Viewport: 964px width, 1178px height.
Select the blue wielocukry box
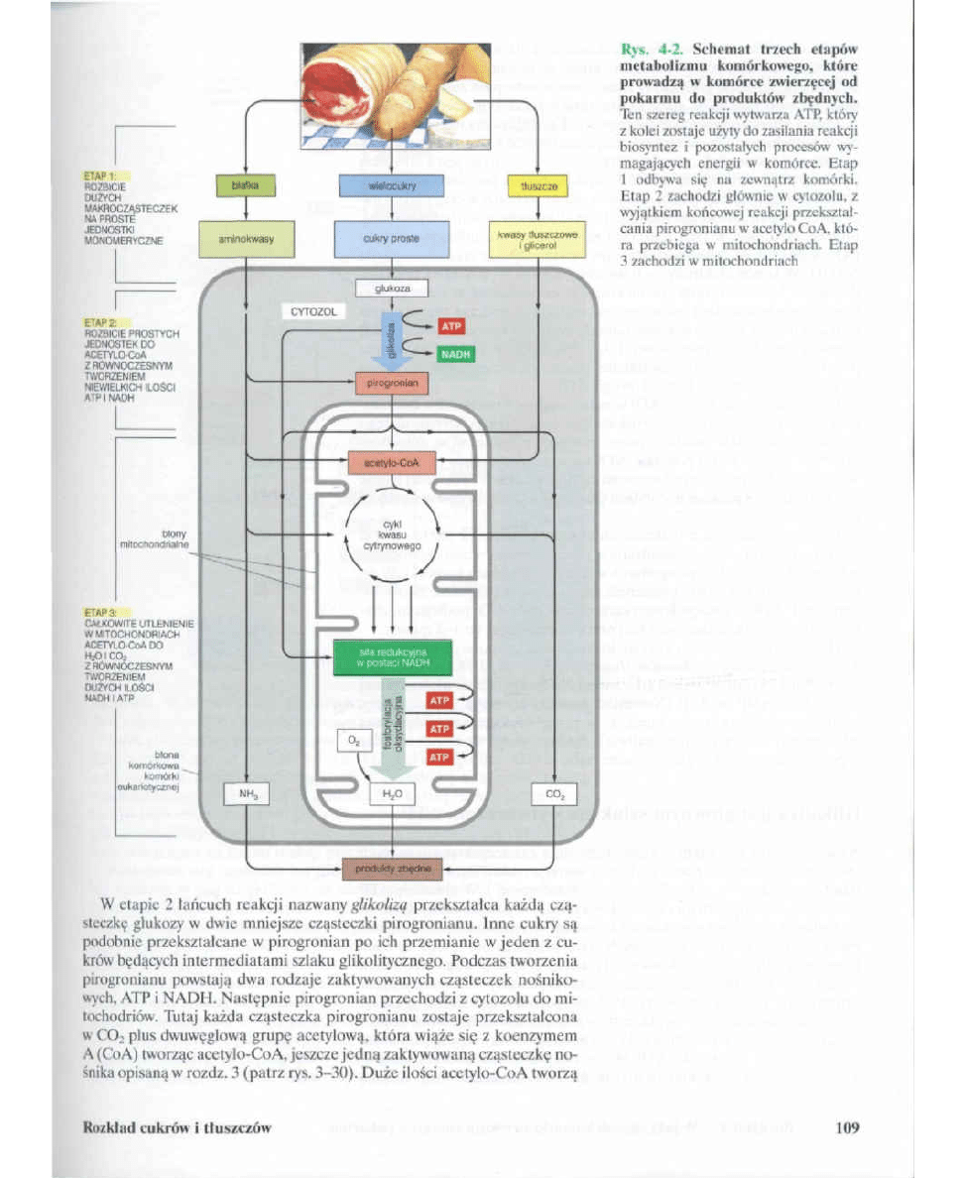[392, 184]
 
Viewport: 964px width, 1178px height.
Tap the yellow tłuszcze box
[538, 184]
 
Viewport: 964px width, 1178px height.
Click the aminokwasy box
[246, 238]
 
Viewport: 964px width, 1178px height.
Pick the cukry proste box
[392, 238]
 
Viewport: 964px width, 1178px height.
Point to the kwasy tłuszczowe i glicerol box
[538, 238]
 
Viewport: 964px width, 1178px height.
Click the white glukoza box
[392, 289]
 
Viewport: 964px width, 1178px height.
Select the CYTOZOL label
[315, 311]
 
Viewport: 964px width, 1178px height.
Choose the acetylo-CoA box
[392, 460]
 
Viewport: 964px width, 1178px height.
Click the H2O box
[392, 794]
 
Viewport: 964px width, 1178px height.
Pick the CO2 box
[553, 794]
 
